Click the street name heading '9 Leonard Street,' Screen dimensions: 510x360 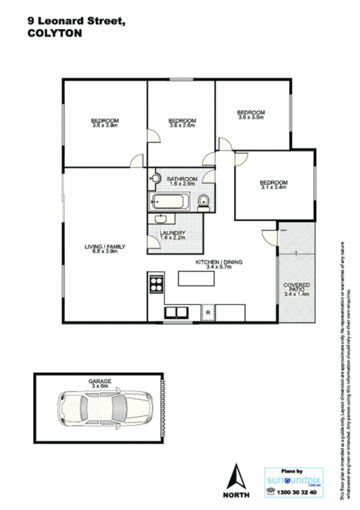(x=76, y=21)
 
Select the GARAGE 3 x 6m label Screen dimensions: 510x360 (x=99, y=383)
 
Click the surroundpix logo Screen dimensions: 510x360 (x=294, y=480)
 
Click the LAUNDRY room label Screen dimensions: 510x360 (x=172, y=235)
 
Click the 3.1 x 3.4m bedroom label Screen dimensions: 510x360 (x=273, y=185)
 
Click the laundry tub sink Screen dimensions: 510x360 (x=161, y=219)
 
